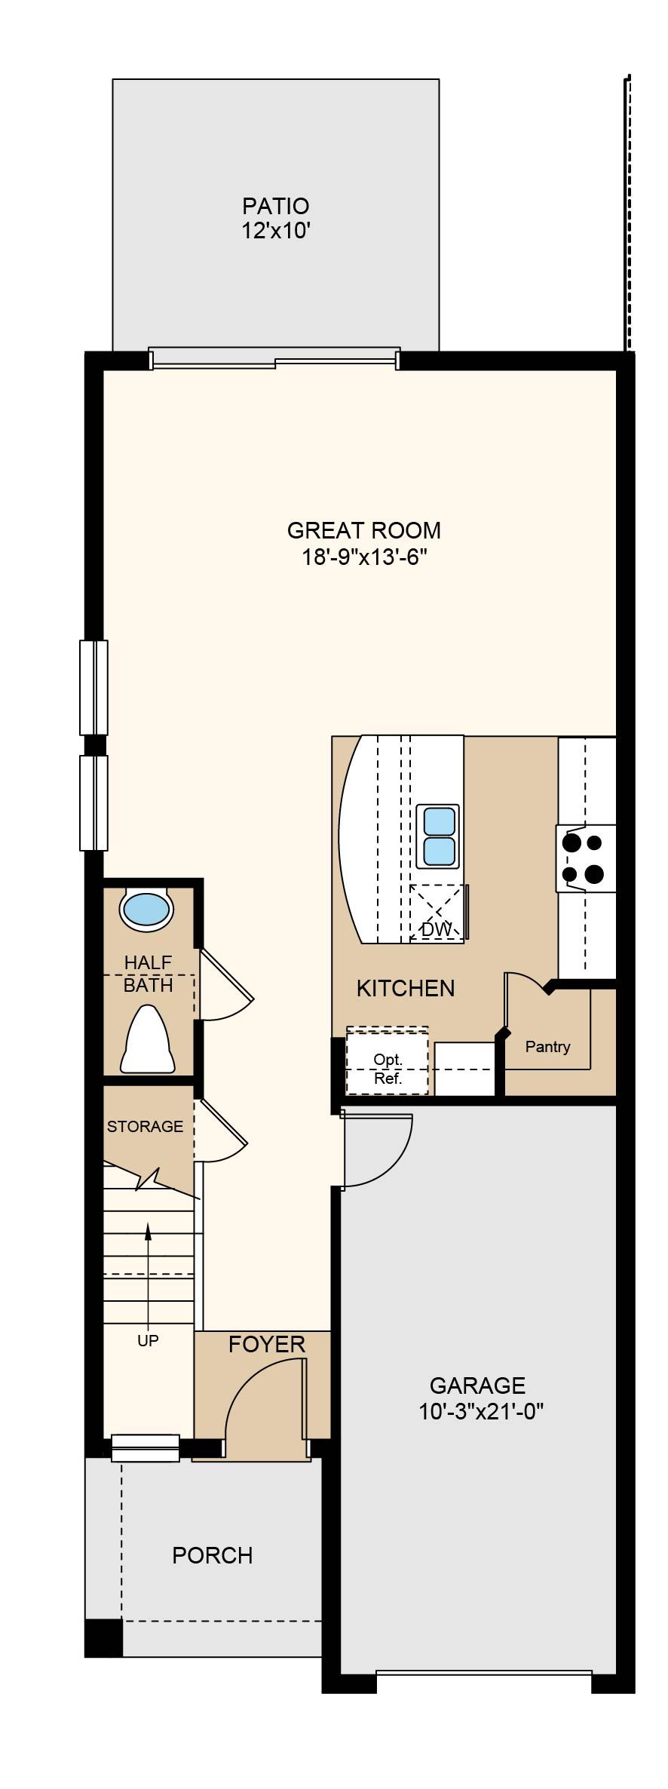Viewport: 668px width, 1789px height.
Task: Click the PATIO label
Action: pyautogui.click(x=275, y=206)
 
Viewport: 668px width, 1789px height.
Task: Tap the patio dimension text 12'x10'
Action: pyautogui.click(x=277, y=231)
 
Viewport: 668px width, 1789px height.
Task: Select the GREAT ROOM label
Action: pyautogui.click(x=364, y=530)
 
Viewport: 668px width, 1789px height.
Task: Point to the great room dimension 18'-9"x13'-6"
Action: pyautogui.click(x=365, y=557)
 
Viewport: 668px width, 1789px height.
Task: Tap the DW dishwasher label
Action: pyautogui.click(x=436, y=930)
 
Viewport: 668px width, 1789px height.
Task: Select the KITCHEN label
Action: pyautogui.click(x=406, y=988)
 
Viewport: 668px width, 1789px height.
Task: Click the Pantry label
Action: pyautogui.click(x=548, y=1047)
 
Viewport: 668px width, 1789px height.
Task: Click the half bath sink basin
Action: pyautogui.click(x=146, y=909)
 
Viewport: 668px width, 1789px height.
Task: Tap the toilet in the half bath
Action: pyautogui.click(x=148, y=1039)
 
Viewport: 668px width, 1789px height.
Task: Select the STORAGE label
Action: pyautogui.click(x=145, y=1127)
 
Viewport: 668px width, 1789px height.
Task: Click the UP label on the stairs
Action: pyautogui.click(x=148, y=1340)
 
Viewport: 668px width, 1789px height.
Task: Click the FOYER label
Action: pyautogui.click(x=267, y=1344)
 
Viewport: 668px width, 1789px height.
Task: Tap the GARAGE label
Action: pyautogui.click(x=477, y=1385)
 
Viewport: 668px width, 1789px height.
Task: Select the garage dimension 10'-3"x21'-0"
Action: pyautogui.click(x=481, y=1411)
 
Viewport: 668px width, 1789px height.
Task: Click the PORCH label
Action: pyautogui.click(x=213, y=1555)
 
